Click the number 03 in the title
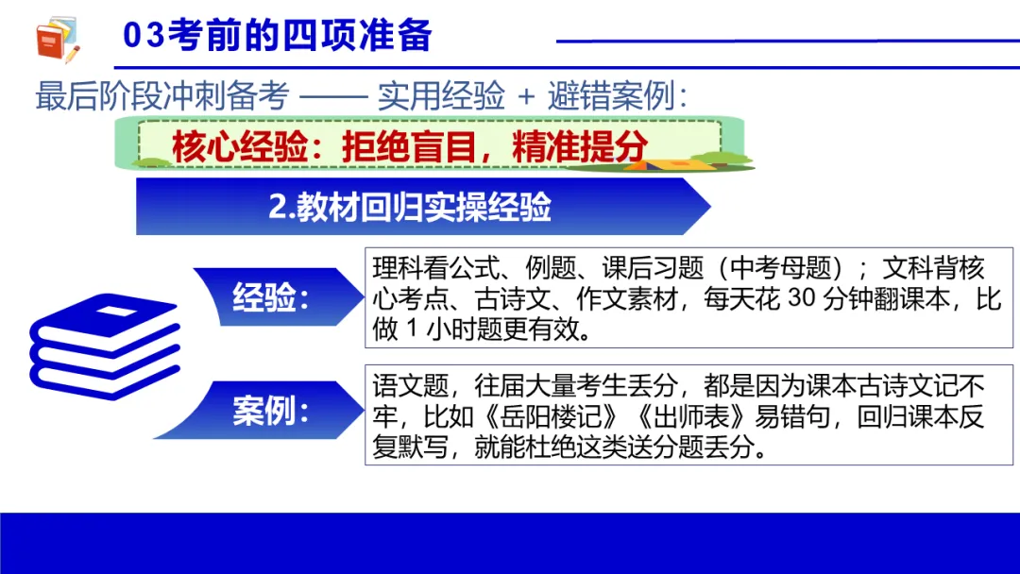[144, 36]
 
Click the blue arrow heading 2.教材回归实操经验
[410, 208]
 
